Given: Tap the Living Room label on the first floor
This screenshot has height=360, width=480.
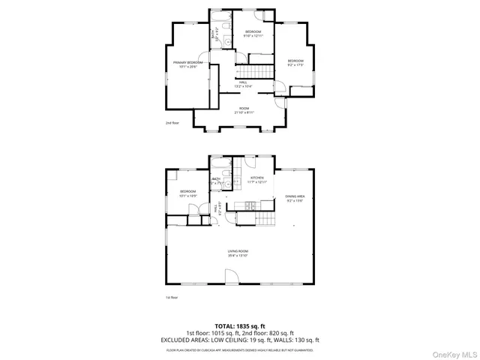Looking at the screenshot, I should coord(238,253).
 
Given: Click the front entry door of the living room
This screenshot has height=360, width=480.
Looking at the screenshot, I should coord(232,277).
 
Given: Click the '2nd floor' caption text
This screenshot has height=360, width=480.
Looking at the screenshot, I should coord(172,122).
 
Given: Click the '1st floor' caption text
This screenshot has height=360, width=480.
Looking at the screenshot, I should coord(172,298).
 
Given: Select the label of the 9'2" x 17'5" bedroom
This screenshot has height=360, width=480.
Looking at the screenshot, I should coord(295,63).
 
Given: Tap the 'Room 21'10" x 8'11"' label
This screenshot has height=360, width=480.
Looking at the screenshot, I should coord(244,110).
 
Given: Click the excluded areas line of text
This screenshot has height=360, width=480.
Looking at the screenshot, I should coord(240,340).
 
